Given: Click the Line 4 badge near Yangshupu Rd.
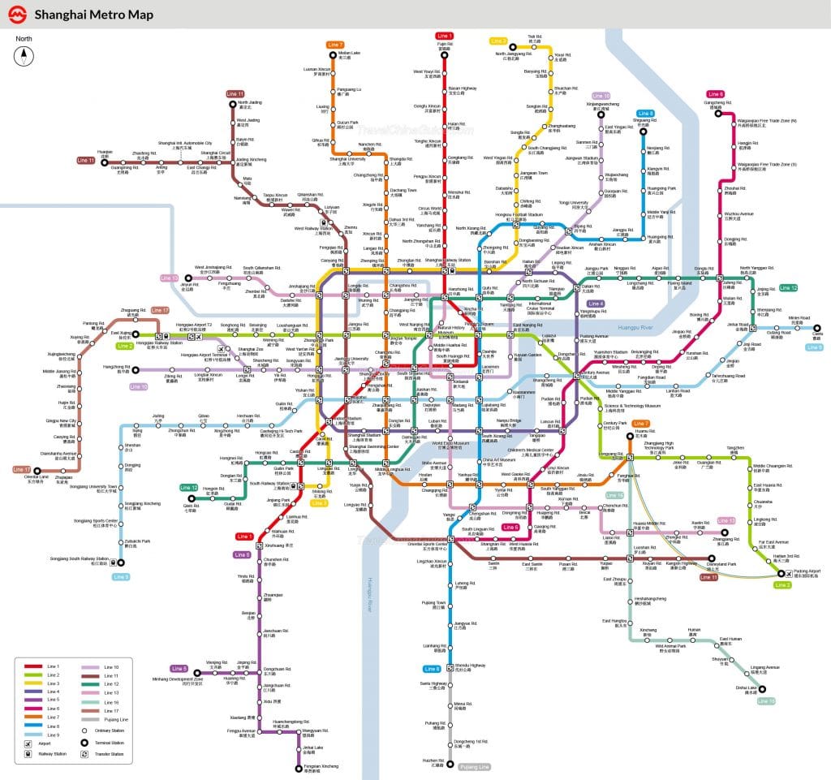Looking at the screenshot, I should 596,304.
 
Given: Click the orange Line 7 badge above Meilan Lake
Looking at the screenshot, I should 335,45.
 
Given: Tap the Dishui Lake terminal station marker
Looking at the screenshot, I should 763,688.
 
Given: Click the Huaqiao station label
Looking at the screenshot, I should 104,153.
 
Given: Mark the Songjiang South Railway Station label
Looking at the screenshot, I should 79,559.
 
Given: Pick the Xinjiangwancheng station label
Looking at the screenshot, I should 602,105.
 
